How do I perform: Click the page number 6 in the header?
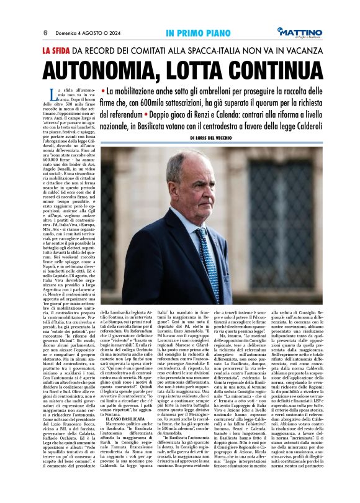pyautogui.click(x=45, y=32)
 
